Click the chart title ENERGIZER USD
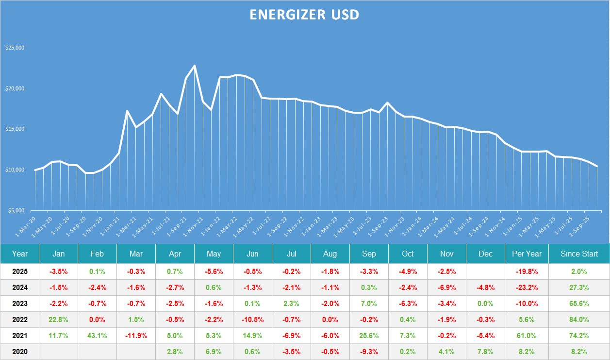tap(304, 15)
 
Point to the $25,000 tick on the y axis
tap(15, 48)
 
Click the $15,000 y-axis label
tap(15, 129)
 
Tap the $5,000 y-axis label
tap(16, 210)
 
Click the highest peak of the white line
tap(195, 66)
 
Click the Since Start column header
tap(579, 254)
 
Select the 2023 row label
tap(20, 304)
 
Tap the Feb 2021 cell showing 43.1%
tap(97, 336)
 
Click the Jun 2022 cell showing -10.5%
tap(252, 320)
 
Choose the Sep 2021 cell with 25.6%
tap(369, 336)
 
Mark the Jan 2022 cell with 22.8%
tap(58, 320)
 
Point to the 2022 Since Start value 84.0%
tap(579, 320)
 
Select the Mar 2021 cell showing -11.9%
tap(136, 336)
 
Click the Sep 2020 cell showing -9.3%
tap(369, 352)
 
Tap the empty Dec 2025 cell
tap(485, 272)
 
